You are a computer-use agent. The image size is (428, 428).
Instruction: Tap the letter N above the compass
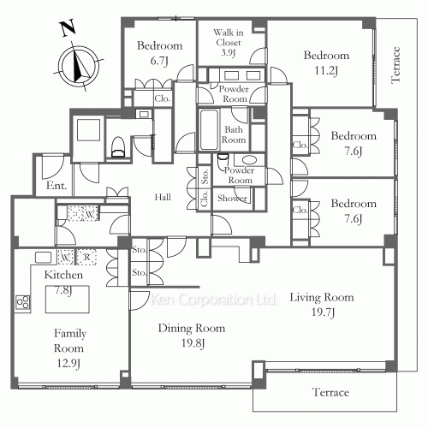[x=68, y=28]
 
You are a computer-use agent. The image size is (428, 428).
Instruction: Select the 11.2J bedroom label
[x=326, y=62]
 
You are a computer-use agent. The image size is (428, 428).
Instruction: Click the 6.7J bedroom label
[x=159, y=53]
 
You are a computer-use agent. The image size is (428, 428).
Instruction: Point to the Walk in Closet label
[x=229, y=43]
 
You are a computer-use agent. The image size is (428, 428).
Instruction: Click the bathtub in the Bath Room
[x=209, y=130]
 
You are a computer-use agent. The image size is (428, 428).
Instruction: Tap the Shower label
[x=232, y=198]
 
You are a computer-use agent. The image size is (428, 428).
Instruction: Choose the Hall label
[x=163, y=197]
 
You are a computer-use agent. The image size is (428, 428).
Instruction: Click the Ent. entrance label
[x=56, y=186]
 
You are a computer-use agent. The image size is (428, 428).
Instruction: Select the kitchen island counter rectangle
[x=68, y=300]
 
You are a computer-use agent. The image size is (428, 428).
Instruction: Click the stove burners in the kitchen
[x=22, y=302]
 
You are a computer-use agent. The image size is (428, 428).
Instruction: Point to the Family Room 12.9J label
[x=69, y=348]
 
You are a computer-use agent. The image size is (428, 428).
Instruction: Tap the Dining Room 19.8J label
[x=192, y=336]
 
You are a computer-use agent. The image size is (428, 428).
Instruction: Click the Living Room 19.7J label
[x=322, y=304]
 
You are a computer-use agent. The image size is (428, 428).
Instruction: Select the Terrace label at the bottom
[x=330, y=392]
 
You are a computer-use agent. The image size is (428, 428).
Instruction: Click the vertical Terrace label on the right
[x=395, y=65]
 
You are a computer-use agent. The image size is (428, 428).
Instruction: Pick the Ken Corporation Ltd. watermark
[x=214, y=300]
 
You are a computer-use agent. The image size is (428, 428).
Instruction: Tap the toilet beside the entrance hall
[x=118, y=147]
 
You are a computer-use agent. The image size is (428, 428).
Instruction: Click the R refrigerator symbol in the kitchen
[x=86, y=257]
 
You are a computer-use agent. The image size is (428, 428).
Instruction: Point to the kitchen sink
[x=43, y=258]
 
